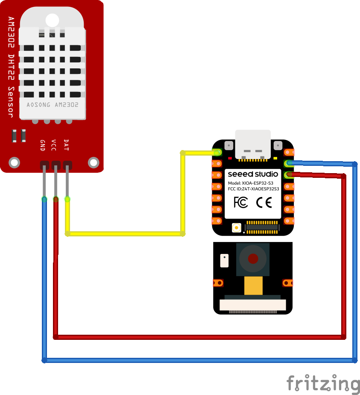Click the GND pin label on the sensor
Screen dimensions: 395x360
(x=43, y=145)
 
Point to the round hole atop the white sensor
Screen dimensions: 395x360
(x=52, y=20)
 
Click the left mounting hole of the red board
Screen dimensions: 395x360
(x=15, y=162)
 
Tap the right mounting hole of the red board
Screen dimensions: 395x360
(x=93, y=162)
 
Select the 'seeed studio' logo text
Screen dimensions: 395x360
(x=253, y=174)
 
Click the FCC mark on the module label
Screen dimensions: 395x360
(x=241, y=202)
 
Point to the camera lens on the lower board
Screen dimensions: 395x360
(x=253, y=259)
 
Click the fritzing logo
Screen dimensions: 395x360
(x=323, y=383)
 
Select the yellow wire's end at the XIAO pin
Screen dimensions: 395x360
(x=218, y=152)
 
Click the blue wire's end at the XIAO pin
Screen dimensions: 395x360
(x=289, y=163)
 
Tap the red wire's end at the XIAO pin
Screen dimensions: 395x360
(x=289, y=174)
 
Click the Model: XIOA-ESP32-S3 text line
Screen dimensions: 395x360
(x=251, y=183)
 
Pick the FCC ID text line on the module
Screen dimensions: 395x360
(x=253, y=189)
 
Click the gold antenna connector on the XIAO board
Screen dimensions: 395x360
(x=235, y=228)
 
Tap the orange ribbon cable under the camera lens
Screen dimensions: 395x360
(x=253, y=285)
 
